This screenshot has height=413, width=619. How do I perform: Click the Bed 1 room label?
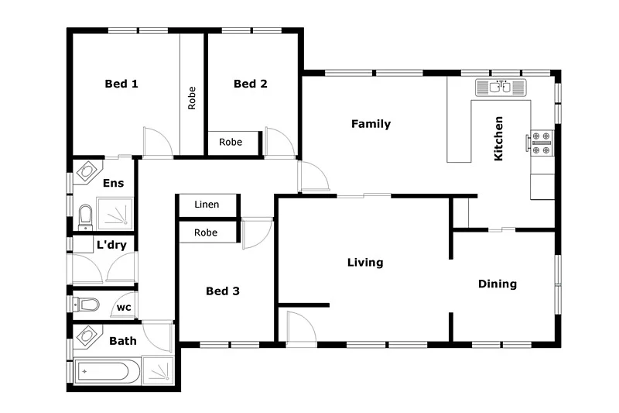pyautogui.click(x=121, y=84)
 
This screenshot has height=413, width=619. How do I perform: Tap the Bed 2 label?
pyautogui.click(x=250, y=84)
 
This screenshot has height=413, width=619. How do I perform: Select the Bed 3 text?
pyautogui.click(x=222, y=291)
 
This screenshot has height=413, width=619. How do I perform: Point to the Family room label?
pyautogui.click(x=371, y=124)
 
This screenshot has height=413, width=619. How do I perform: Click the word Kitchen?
pyautogui.click(x=499, y=139)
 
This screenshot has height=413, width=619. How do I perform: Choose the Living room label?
pyautogui.click(x=364, y=263)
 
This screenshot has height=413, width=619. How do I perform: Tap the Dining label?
pyautogui.click(x=497, y=284)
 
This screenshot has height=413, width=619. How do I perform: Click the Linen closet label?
pyautogui.click(x=207, y=205)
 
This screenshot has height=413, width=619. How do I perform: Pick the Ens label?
pyautogui.click(x=112, y=183)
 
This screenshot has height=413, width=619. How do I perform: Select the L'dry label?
pyautogui.click(x=111, y=246)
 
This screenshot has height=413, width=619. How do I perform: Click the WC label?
pyautogui.click(x=123, y=308)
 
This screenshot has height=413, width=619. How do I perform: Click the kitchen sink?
pyautogui.click(x=501, y=88)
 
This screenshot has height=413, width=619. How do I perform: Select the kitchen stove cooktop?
pyautogui.click(x=542, y=141)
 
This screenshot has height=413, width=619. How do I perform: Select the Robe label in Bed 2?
pyautogui.click(x=231, y=142)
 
